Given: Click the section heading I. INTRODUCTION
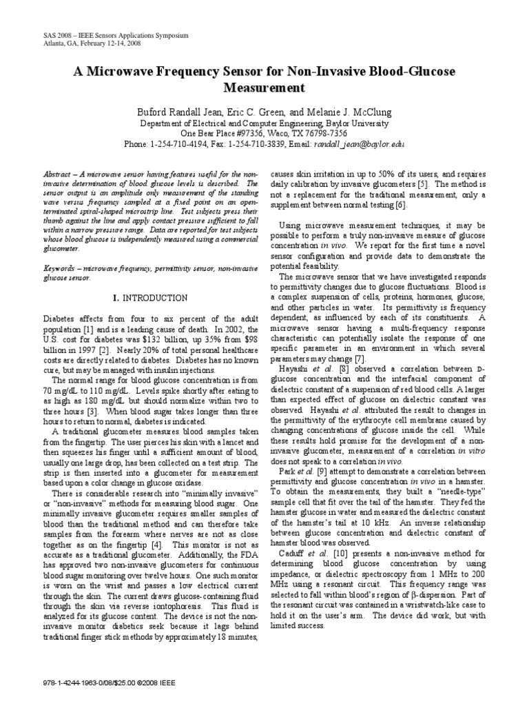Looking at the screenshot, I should click(150, 298).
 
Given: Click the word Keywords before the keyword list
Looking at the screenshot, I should click(60, 265).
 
